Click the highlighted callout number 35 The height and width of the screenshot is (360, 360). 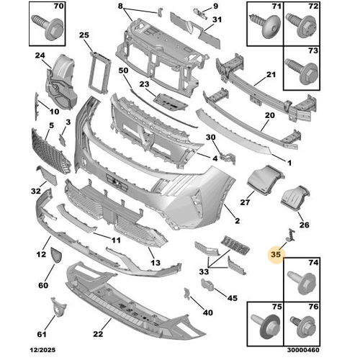tap(276, 254)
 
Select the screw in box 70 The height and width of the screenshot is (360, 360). tap(47, 27)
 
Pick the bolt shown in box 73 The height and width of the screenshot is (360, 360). tap(302, 71)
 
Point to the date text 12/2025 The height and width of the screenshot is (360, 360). tap(42, 350)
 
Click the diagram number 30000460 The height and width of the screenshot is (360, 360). tap(303, 350)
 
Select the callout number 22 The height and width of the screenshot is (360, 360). tap(98, 334)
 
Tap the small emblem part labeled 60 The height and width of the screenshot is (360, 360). tap(56, 256)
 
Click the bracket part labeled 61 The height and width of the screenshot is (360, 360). tap(58, 307)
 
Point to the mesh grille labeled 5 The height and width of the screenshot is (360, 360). tap(51, 152)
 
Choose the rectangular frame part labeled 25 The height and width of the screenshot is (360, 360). tap(99, 73)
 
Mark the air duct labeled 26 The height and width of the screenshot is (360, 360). tap(295, 198)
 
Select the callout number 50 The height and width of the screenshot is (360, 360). tap(123, 71)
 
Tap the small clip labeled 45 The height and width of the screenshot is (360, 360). tap(207, 284)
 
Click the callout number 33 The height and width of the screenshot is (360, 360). tap(204, 271)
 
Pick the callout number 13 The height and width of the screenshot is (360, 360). tap(156, 263)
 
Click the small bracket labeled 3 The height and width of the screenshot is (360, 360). tap(62, 140)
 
